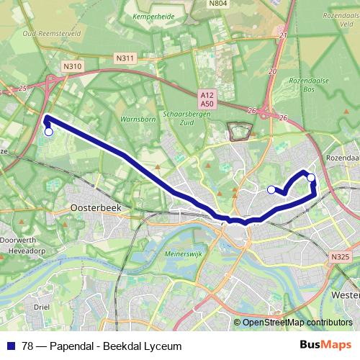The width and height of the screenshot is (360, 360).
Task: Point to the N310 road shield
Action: tap(71, 66)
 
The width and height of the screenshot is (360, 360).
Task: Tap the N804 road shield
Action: tap(218, 4)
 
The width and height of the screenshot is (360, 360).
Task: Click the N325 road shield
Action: tap(340, 256)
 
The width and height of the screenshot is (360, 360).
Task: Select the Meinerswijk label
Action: tap(186, 253)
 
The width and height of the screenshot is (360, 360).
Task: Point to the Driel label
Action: tap(41, 306)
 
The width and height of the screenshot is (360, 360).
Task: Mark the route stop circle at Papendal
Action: tap(48, 132)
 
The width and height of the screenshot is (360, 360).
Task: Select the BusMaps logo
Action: tap(325, 346)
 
